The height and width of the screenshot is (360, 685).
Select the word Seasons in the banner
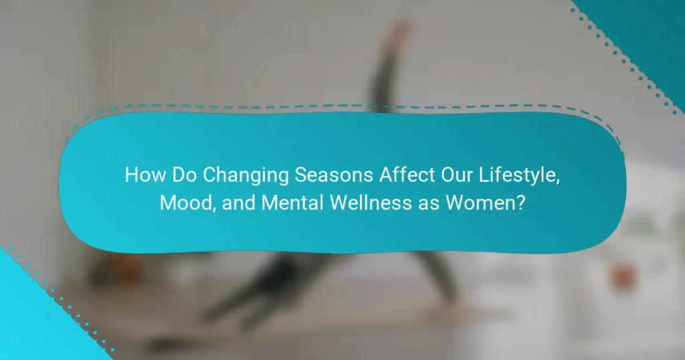(334, 175)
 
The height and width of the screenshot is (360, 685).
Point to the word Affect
(407, 175)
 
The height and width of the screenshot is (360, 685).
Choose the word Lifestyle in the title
(517, 175)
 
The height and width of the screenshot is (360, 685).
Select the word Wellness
(371, 203)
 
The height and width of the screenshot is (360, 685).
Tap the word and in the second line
(239, 203)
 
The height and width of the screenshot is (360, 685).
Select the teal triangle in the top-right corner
(647, 35)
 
